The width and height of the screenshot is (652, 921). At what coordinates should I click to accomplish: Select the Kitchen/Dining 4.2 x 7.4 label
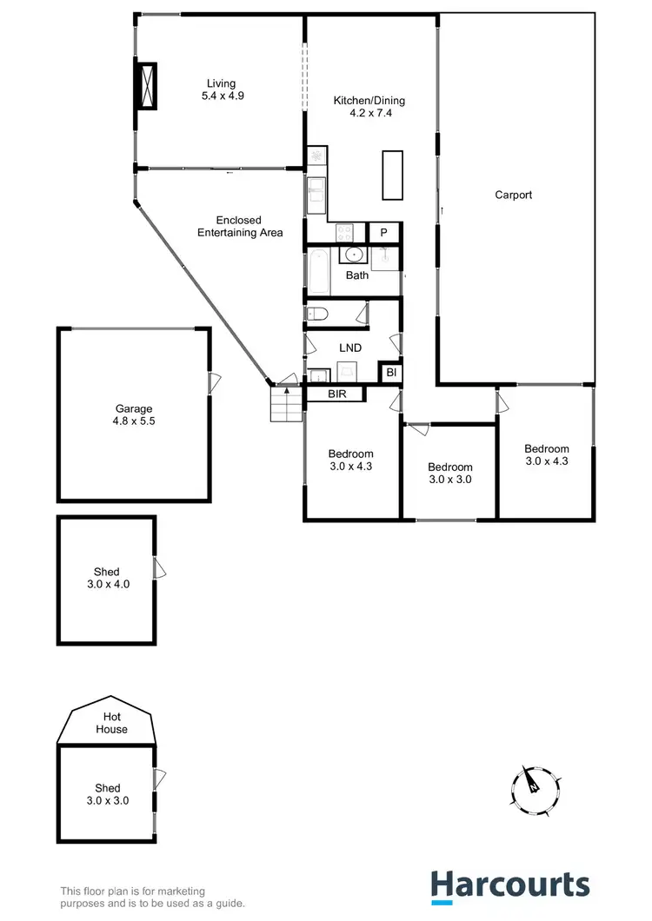coord(369,107)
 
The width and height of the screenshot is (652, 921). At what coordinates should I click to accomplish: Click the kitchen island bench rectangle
coord(393,175)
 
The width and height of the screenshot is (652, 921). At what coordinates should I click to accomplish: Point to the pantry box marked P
coord(383,233)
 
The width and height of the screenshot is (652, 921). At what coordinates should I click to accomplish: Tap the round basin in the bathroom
coord(354,255)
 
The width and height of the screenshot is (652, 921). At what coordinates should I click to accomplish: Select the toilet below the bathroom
coord(316,314)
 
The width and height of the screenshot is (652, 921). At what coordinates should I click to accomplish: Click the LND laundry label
coord(349,348)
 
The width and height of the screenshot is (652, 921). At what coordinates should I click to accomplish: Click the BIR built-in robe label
coord(337,394)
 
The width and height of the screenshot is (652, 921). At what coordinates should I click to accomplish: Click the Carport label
coord(513,195)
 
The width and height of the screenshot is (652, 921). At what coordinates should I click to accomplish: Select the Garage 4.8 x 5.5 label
coord(134,414)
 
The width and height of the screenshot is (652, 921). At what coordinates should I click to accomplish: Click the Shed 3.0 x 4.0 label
coord(106,578)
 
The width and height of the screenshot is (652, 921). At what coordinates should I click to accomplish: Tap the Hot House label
coord(111,724)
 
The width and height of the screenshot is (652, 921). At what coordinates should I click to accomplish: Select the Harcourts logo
coord(510,885)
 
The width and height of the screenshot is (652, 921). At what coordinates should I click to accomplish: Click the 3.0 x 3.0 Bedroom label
coord(449,473)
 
